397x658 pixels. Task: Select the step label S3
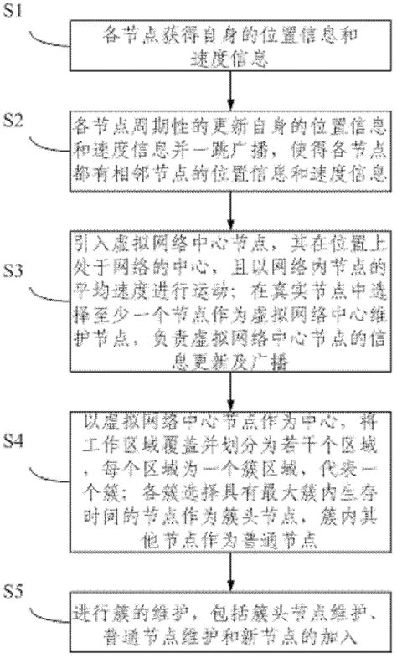click(x=21, y=250)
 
